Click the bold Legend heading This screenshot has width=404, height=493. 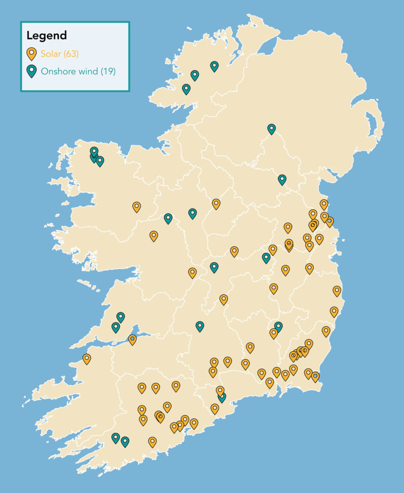click(46, 36)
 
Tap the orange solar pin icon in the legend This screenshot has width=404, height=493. click(32, 53)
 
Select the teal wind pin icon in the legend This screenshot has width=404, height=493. click(32, 72)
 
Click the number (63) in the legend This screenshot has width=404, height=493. click(70, 53)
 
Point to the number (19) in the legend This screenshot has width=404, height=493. click(108, 72)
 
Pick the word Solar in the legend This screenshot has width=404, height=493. click(51, 53)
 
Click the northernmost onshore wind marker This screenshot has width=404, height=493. click(214, 66)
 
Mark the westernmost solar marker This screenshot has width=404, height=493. click(87, 358)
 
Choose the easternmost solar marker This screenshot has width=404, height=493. click(337, 290)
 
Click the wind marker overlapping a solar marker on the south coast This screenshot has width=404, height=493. click(222, 397)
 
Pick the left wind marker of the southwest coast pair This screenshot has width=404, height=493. click(115, 437)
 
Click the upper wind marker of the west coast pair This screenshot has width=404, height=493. click(121, 317)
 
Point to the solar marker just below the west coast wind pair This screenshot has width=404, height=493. click(132, 339)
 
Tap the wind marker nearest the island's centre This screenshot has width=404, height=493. click(214, 267)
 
